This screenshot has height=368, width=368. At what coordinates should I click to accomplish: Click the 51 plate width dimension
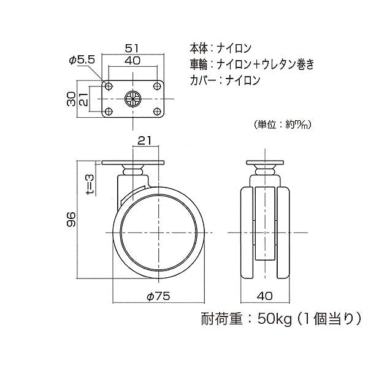132,48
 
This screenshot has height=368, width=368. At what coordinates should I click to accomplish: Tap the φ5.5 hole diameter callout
82,60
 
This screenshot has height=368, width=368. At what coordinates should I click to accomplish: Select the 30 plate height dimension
71,99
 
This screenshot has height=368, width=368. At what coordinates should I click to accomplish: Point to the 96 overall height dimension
71,220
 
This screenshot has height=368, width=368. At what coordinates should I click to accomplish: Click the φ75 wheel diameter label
158,296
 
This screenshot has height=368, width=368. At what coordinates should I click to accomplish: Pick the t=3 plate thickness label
90,185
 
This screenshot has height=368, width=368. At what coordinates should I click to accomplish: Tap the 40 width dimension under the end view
265,296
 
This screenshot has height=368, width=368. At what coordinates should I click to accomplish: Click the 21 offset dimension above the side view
145,140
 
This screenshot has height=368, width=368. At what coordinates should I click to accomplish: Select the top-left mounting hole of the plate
108,86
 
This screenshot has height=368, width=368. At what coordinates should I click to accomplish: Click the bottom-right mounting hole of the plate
156,112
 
